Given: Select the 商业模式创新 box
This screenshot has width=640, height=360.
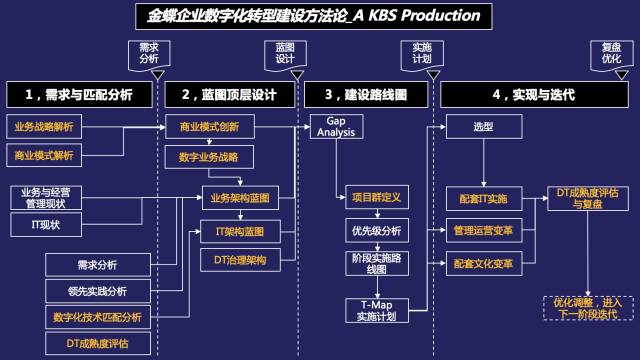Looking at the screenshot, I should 209,127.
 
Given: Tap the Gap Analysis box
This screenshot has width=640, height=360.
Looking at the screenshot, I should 330,126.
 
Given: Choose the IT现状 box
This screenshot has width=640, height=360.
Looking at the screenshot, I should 43,225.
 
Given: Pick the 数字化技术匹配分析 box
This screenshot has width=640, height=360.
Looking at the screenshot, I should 97,317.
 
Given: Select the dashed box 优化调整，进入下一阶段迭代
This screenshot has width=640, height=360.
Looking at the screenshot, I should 587,307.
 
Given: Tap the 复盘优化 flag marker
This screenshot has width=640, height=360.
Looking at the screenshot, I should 611,55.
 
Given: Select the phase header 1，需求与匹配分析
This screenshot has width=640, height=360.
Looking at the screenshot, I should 80,94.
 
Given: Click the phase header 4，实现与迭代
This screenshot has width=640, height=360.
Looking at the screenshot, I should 534,94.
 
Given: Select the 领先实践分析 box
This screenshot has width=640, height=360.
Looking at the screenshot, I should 97,291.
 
